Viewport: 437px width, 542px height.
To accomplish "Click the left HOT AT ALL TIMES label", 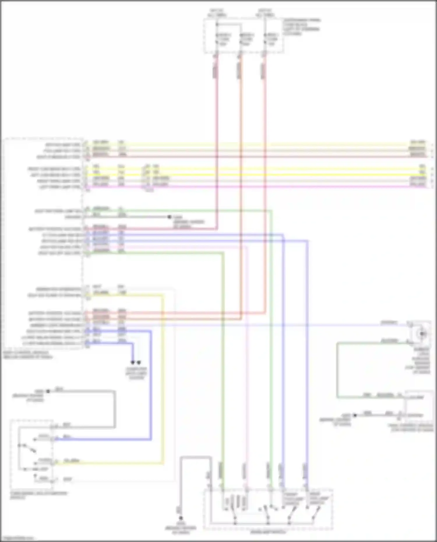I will coord(217,13).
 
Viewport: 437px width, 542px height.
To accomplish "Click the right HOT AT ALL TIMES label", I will coord(265,13).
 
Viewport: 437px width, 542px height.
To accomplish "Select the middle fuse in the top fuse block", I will coord(246,39).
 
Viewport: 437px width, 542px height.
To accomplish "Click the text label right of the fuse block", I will coord(301,27).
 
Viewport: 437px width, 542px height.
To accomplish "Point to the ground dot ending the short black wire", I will coord(169,217).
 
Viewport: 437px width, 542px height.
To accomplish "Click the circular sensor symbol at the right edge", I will coord(422,333).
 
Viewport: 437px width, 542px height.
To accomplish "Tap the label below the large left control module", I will coord(28,354).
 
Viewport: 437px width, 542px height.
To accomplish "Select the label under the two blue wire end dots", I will coord(136,373).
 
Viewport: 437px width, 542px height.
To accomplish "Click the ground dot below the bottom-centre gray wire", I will coord(181,518).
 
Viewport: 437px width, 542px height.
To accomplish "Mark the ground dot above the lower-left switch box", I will coord(48,391).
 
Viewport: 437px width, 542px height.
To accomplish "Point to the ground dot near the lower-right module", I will coord(355,415).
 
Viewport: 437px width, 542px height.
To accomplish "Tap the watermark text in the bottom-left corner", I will coord(17,538).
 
